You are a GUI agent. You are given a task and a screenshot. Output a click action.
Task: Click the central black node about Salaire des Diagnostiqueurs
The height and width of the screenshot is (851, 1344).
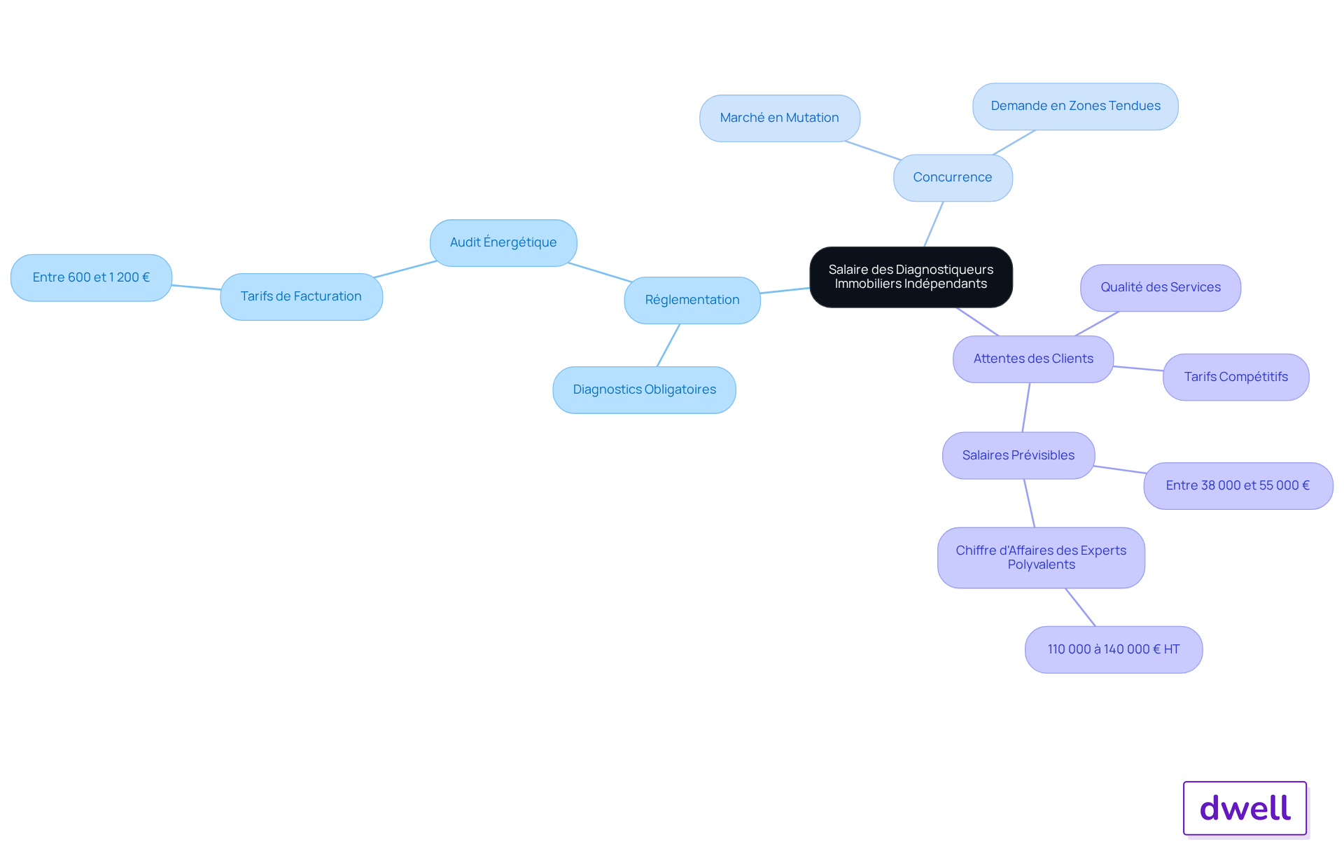911,277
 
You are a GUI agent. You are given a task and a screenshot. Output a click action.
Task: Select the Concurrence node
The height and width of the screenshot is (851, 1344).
953,178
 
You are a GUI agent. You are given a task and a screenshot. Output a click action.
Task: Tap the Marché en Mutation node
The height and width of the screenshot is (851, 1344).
780,118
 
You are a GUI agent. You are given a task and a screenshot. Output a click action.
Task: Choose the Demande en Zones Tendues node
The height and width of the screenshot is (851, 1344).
1075,106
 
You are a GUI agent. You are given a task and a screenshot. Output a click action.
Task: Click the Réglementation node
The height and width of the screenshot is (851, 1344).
692,300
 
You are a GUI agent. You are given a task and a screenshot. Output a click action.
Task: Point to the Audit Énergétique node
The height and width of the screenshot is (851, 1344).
503,243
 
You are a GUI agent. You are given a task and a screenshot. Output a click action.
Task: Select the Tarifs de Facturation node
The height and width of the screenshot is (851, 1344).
302,297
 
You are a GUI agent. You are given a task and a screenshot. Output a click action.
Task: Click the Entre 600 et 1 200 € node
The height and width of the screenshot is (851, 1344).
92,278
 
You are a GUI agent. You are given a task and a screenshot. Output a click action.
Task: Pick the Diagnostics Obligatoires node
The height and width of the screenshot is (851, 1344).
644,390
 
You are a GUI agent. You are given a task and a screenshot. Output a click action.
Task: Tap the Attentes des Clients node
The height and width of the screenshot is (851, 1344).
1033,359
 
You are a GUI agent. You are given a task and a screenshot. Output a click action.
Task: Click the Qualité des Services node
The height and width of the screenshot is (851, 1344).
1161,288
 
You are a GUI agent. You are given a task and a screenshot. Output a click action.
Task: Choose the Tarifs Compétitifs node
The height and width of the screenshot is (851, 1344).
1236,378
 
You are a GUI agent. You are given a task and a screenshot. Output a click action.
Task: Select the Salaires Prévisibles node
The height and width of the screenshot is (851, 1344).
1018,456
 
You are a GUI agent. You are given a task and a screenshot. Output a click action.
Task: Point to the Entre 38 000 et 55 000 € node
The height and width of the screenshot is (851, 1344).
1238,486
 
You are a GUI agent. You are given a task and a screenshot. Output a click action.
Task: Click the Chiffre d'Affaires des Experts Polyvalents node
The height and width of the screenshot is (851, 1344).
1042,558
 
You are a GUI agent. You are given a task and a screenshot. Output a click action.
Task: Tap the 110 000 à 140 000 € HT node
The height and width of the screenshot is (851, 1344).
1114,650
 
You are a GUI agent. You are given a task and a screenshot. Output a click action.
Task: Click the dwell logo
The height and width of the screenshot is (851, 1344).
1245,808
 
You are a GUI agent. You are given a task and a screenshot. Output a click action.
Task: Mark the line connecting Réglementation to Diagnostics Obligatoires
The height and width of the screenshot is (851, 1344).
668,345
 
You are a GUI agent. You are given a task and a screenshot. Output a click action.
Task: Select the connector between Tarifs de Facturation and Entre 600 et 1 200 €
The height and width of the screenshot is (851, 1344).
196,287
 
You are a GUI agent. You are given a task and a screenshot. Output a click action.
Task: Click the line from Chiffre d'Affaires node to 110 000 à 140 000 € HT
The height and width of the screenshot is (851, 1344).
1080,607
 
